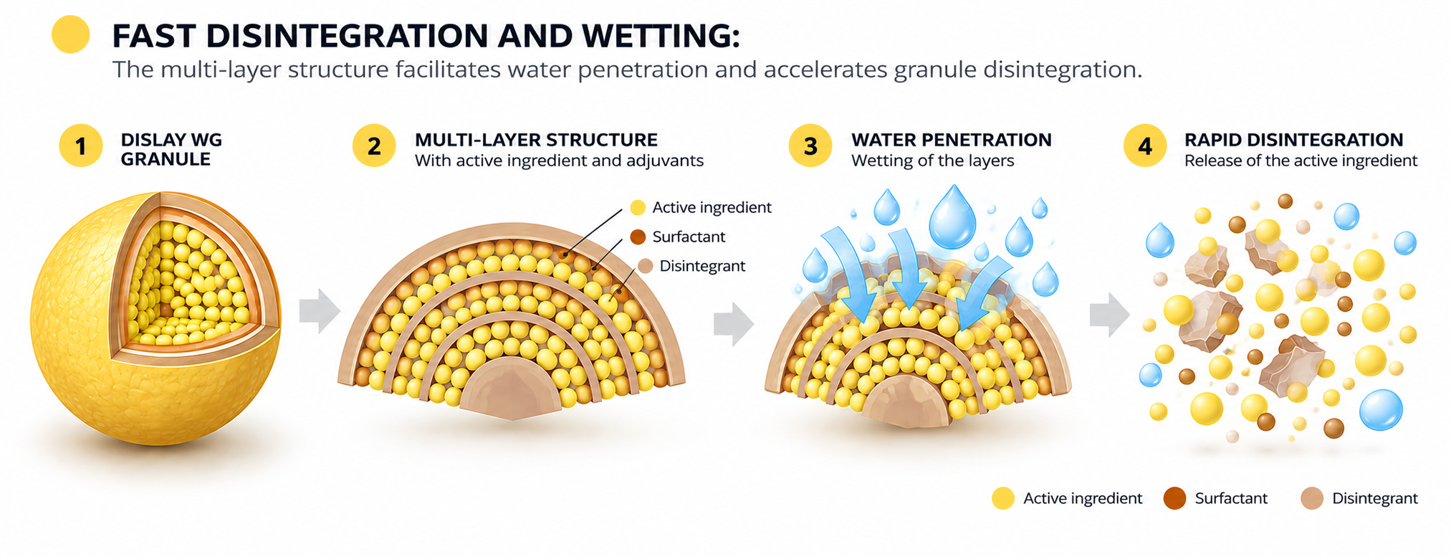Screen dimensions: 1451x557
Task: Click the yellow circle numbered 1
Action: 80,146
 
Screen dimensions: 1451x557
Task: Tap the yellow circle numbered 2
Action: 374,146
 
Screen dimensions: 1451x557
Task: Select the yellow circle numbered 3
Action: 810,146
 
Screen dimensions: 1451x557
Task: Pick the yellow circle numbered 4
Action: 1145,146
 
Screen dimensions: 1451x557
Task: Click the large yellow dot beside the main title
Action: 71,34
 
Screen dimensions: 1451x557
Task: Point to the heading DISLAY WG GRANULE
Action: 171,149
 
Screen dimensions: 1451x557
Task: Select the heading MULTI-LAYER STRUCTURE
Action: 536,140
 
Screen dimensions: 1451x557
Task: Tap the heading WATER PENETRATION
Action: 952,140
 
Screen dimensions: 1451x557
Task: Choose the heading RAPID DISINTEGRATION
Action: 1293,140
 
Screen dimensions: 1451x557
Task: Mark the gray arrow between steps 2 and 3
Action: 734,323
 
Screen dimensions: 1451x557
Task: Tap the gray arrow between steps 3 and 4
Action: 1110,315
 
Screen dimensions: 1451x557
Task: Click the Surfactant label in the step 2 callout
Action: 689,237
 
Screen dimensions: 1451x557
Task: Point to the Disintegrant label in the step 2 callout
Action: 702,266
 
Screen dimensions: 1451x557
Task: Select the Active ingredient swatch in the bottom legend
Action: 1003,498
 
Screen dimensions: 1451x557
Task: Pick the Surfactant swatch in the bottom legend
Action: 1175,498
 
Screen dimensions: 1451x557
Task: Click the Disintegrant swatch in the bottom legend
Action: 1312,498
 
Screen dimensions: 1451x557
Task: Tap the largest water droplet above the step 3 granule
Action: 952,218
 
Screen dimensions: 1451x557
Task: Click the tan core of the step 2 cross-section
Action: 510,391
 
